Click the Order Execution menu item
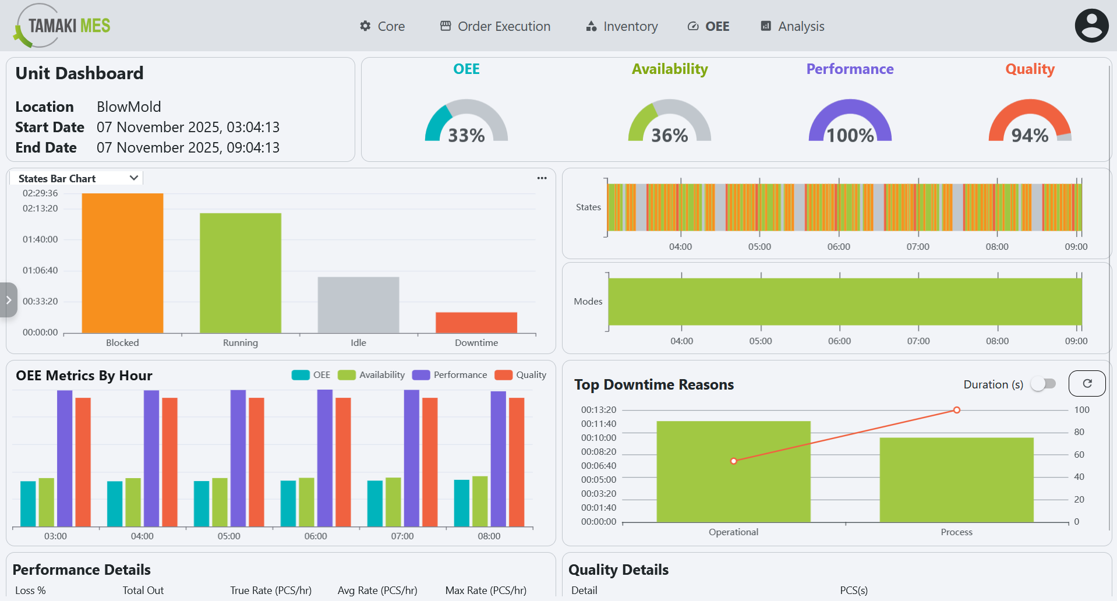click(495, 26)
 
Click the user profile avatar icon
click(1091, 26)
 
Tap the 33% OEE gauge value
click(466, 135)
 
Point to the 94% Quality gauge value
click(1030, 135)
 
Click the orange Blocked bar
click(122, 263)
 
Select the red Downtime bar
click(476, 323)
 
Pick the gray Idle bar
click(358, 305)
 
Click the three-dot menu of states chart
click(542, 178)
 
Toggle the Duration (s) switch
click(1044, 384)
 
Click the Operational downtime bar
click(733, 472)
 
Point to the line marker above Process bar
click(956, 410)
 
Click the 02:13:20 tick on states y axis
click(40, 208)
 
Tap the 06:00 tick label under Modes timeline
click(839, 341)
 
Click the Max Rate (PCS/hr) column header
click(486, 590)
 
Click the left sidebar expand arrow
click(8, 300)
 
